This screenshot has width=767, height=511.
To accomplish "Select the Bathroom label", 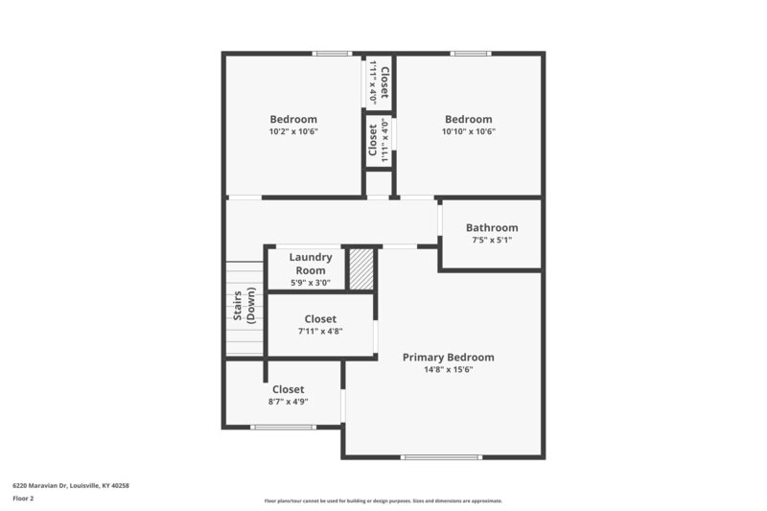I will coord(492,228).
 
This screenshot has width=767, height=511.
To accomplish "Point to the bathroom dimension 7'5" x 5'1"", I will coord(492,241).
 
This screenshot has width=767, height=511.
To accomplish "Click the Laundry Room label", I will coord(311,264).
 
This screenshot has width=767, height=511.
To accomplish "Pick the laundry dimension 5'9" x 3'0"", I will coord(311,283).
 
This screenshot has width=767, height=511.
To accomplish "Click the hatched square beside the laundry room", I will coord(360,269).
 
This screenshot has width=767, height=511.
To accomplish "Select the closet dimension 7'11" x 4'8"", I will coord(319,332).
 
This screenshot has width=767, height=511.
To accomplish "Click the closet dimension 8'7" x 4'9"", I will coord(288,403).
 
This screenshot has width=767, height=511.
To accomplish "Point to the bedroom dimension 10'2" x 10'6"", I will coord(292,132).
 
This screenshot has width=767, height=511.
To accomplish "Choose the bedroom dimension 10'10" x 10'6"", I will coord(468,132).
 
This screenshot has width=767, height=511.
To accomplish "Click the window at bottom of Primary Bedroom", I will coord(440,457).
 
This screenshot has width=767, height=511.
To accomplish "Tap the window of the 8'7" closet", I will coord(283,428).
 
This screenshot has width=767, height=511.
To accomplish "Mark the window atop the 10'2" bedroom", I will coord(333,54).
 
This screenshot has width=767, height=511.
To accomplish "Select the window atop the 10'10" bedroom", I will coord(471,54).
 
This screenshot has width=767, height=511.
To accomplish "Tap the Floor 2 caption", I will coord(23,499).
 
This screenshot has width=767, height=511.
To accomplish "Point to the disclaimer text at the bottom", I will coord(383,501).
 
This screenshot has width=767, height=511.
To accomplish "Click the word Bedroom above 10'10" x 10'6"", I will coord(468,120).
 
